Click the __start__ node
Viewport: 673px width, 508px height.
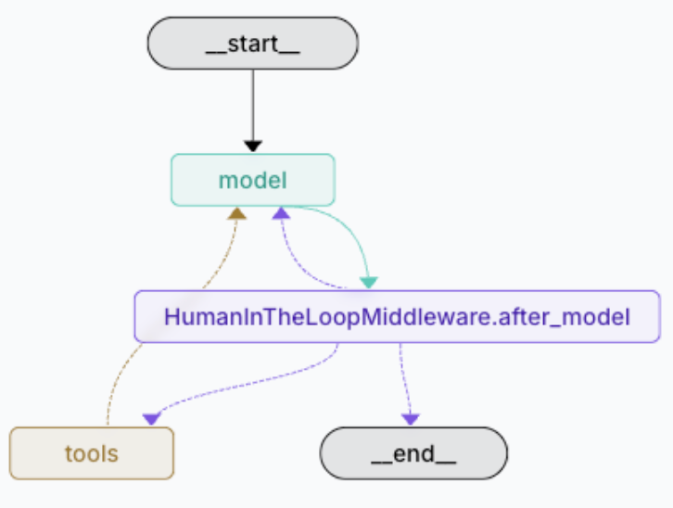click(x=252, y=43)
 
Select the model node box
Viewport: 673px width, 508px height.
click(x=252, y=179)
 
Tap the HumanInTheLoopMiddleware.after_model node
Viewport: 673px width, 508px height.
click(x=397, y=317)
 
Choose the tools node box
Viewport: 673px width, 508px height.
click(x=92, y=452)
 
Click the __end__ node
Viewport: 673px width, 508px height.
click(x=413, y=452)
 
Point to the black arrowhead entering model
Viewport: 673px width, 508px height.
click(x=252, y=146)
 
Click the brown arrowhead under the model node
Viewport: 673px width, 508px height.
click(x=237, y=213)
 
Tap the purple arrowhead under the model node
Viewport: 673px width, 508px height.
click(x=280, y=213)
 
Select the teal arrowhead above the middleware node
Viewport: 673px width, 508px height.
click(x=368, y=282)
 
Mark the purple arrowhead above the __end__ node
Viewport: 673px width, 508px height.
click(x=411, y=419)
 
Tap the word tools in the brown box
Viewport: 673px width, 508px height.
click(x=92, y=452)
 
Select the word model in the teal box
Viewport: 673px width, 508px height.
click(x=252, y=179)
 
